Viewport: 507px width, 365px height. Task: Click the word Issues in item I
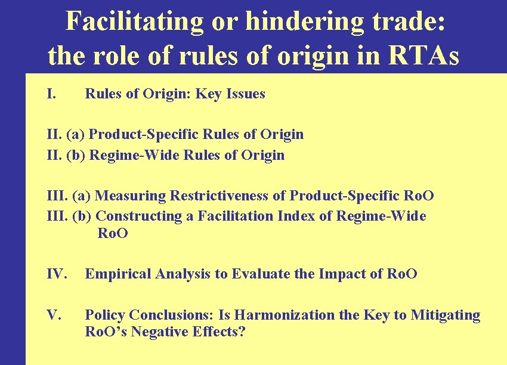tap(246, 94)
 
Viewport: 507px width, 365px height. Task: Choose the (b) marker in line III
tap(83, 216)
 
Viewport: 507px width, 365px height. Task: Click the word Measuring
tap(131, 196)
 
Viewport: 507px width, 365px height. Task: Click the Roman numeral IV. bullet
tap(57, 274)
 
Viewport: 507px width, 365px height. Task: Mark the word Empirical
tap(118, 274)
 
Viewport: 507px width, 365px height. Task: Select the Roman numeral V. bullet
tap(54, 314)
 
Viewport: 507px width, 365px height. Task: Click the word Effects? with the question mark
tap(220, 332)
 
